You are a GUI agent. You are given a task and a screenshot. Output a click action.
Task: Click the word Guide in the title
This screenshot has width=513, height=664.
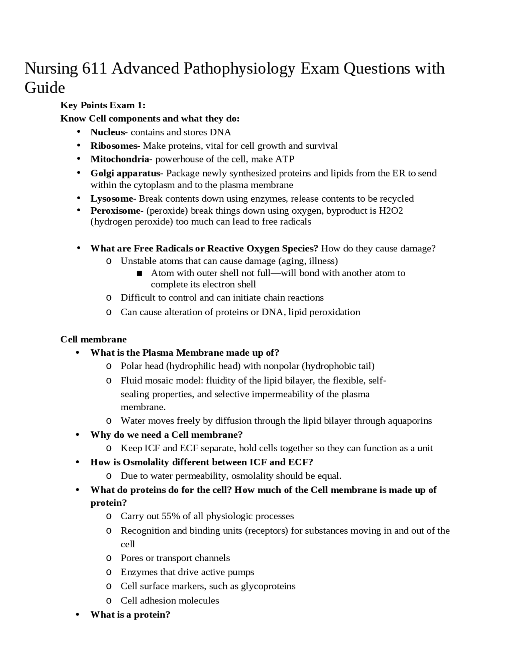click(x=44, y=88)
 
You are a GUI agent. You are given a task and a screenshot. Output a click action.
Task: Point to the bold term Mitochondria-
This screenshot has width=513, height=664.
click(x=121, y=159)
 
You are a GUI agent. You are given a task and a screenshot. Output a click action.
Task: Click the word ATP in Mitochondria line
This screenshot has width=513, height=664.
click(x=285, y=159)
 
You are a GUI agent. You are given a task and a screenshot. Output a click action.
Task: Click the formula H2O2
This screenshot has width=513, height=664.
click(x=391, y=211)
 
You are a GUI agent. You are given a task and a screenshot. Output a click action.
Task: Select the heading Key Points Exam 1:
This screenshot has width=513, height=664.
click(x=103, y=105)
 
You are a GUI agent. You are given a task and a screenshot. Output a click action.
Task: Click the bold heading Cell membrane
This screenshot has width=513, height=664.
click(x=93, y=340)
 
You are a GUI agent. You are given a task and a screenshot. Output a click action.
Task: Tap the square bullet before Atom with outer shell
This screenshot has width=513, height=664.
click(x=139, y=273)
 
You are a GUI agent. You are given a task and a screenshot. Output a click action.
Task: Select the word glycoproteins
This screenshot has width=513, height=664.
click(x=268, y=586)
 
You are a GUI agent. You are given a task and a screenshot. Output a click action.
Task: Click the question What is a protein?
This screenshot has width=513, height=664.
click(x=130, y=615)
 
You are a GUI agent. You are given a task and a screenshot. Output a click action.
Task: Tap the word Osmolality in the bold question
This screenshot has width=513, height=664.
click(x=145, y=462)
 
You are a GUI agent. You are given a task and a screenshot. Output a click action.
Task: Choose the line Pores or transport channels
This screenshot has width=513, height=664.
click(x=175, y=558)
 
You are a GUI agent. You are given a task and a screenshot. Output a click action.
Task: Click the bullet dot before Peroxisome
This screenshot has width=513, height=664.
click(x=79, y=210)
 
